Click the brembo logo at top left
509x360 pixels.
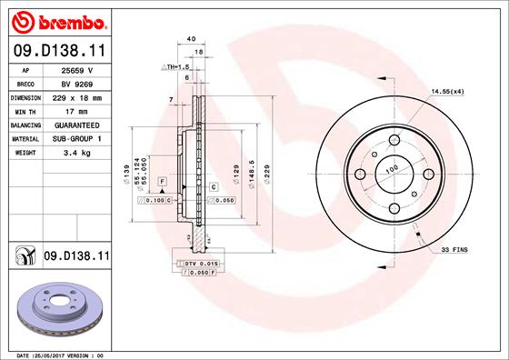coord(59,23)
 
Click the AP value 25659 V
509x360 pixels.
coord(77,70)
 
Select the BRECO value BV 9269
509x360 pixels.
coord(77,85)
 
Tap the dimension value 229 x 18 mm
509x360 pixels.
coord(77,98)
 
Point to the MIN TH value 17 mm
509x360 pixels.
coord(76,112)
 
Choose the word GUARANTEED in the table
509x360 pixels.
coord(77,125)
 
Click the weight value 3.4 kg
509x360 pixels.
coord(77,153)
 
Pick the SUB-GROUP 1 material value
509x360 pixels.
coord(77,139)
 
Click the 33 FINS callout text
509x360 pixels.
coord(454,250)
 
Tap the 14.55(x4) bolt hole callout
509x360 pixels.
coord(447,92)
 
